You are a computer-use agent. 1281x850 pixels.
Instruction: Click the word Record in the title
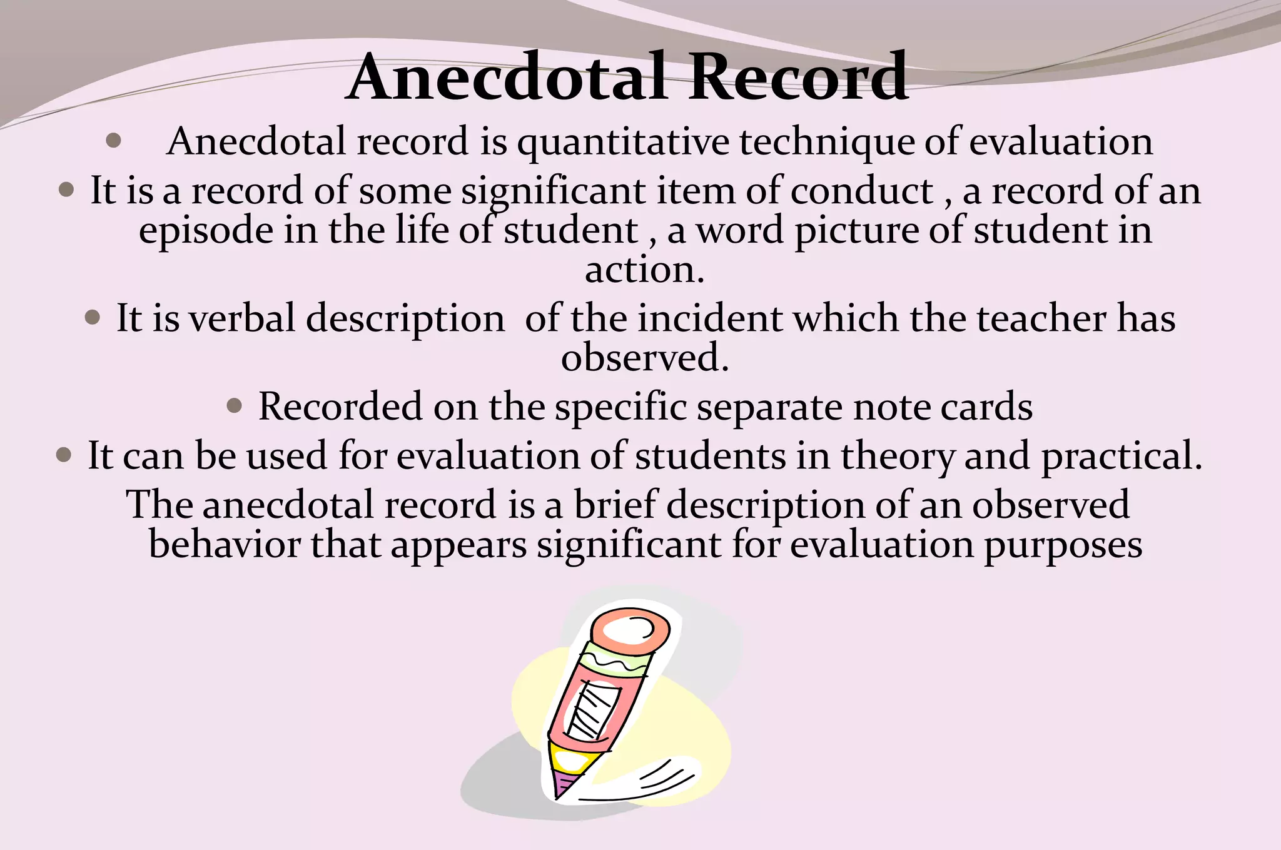[x=798, y=78]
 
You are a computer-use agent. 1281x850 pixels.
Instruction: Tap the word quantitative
[x=623, y=143]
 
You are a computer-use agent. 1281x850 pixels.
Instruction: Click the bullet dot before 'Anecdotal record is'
[x=113, y=140]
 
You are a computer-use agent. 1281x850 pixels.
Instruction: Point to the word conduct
[x=862, y=191]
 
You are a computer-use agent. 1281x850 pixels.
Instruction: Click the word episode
[x=206, y=231]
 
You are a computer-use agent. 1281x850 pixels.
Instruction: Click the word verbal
[x=242, y=318]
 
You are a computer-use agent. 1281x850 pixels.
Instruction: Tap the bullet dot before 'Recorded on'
[x=234, y=407]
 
